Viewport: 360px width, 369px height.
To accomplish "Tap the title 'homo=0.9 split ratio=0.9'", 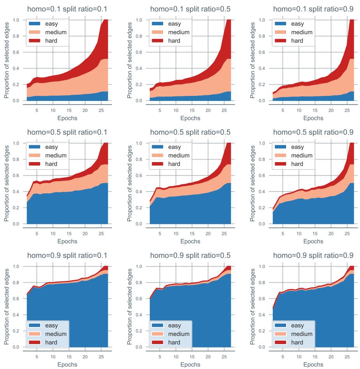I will coord(313,255).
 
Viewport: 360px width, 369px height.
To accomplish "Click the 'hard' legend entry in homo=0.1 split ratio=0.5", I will coord(174,41).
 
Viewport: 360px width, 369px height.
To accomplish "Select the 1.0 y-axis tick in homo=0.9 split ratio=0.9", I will coord(263,267).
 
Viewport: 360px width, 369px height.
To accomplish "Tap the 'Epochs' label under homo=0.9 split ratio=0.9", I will coord(313,365).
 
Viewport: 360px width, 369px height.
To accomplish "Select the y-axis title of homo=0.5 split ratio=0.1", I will coord(7,183).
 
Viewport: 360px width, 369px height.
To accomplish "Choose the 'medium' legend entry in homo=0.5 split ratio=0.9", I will coord(303,155).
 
